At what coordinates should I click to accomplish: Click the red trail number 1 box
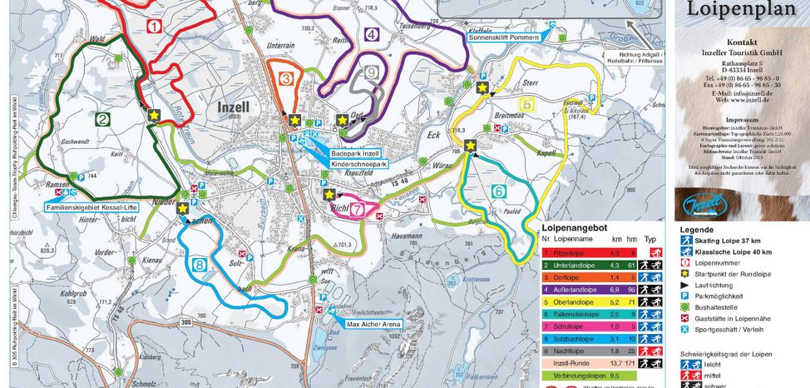click(154, 26)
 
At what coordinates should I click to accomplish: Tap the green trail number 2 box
click(102, 120)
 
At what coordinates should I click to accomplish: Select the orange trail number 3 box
click(285, 79)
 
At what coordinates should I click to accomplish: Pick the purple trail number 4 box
click(372, 35)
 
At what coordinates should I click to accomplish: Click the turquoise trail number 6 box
click(499, 192)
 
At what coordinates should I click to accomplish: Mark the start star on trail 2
click(153, 114)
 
